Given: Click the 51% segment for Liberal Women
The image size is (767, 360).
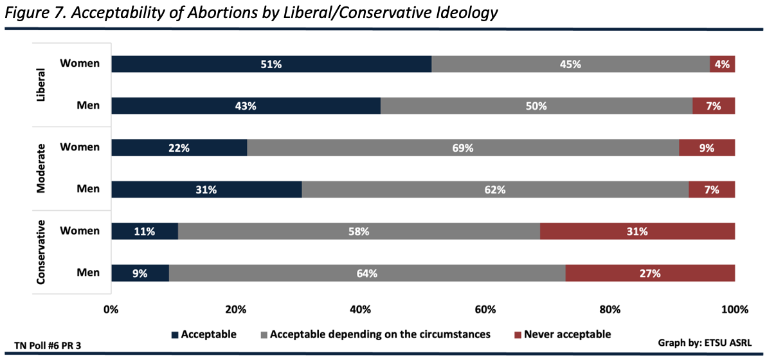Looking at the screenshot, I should pyautogui.click(x=271, y=64).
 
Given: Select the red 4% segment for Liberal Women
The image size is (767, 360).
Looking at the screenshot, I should pyautogui.click(x=722, y=64).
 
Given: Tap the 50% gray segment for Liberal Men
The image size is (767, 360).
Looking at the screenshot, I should pyautogui.click(x=536, y=106).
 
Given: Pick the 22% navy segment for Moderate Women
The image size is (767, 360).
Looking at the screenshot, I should pyautogui.click(x=179, y=148).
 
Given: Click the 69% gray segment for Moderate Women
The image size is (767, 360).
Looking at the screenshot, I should pyautogui.click(x=462, y=148).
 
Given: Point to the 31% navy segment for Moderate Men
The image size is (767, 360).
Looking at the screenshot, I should pyautogui.click(x=206, y=190).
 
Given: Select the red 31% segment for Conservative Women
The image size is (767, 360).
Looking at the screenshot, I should pyautogui.click(x=637, y=231).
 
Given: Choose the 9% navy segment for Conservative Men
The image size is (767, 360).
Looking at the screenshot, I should pyautogui.click(x=140, y=273).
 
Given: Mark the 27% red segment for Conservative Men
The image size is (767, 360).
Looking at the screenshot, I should pyautogui.click(x=650, y=273).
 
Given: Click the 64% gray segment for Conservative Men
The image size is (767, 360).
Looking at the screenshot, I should pyautogui.click(x=366, y=273).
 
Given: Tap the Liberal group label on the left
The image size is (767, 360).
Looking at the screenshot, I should pyautogui.click(x=42, y=85).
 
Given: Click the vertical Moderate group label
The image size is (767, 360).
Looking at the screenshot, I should pyautogui.click(x=42, y=168).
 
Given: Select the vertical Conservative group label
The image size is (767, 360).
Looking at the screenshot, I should pyautogui.click(x=42, y=252).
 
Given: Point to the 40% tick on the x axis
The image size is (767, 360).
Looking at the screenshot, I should pyautogui.click(x=360, y=310).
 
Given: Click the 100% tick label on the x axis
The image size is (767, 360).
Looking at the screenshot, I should pyautogui.click(x=734, y=310).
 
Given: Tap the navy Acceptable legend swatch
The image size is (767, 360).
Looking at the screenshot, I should pyautogui.click(x=174, y=335).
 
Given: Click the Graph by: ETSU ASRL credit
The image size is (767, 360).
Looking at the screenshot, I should pyautogui.click(x=705, y=342).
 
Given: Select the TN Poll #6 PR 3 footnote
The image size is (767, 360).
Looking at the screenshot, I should pyautogui.click(x=48, y=346).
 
